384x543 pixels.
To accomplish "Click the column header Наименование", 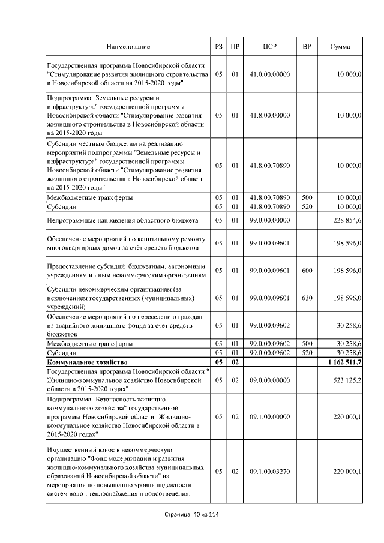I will pyautogui.click(x=128, y=46).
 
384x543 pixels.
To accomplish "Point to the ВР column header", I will pyautogui.click(x=307, y=46).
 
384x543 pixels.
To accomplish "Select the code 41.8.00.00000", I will pyautogui.click(x=269, y=114).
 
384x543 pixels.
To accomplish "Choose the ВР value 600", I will pyautogui.click(x=307, y=271).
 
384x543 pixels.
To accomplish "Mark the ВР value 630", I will pyautogui.click(x=307, y=298).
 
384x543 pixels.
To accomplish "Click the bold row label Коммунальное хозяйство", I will pyautogui.click(x=85, y=363).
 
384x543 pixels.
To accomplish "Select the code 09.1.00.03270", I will pyautogui.click(x=269, y=472).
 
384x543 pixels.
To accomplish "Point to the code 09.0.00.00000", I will pyautogui.click(x=269, y=380).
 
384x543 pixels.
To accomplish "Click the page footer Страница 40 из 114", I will pyautogui.click(x=193, y=515).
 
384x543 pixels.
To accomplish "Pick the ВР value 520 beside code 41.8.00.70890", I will pyautogui.click(x=307, y=206).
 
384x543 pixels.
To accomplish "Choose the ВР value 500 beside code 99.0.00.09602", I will pyautogui.click(x=307, y=344).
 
